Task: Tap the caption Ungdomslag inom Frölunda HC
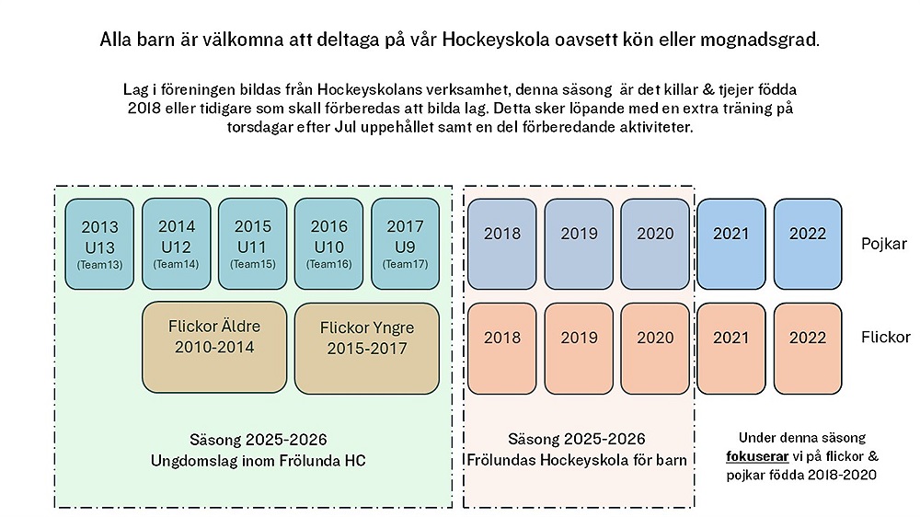(258, 460)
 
